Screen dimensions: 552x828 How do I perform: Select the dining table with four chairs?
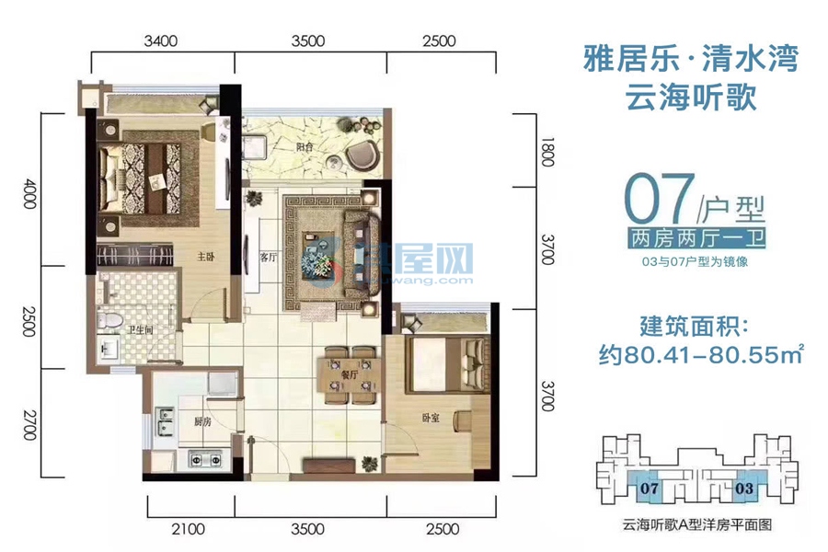347,374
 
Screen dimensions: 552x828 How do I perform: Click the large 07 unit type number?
660,198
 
